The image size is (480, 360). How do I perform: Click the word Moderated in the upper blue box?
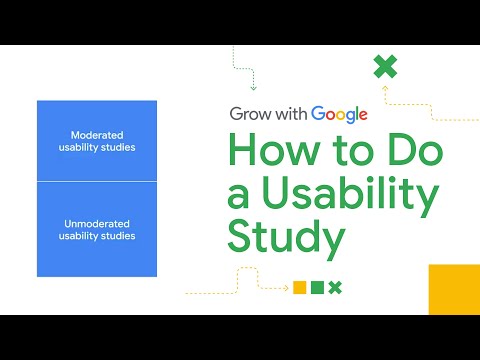tap(96, 135)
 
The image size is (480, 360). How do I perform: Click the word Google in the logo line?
tap(339, 114)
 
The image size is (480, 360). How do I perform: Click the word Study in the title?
tap(286, 239)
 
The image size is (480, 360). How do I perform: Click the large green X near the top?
tap(385, 67)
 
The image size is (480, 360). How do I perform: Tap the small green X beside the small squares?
tap(336, 288)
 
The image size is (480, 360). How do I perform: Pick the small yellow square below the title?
tap(298, 288)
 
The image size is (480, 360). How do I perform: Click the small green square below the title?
tap(317, 288)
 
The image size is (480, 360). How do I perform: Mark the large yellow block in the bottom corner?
tap(454, 290)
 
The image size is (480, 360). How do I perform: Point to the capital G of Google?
tap(319, 114)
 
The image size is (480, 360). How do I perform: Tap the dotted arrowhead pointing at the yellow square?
tap(286, 288)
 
